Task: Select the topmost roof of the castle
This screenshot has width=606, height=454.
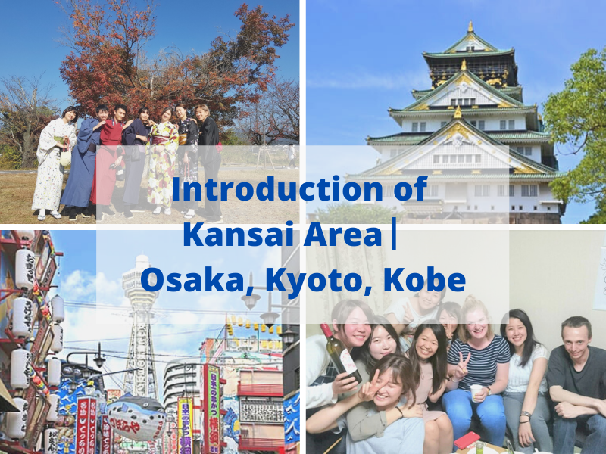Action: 470,42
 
